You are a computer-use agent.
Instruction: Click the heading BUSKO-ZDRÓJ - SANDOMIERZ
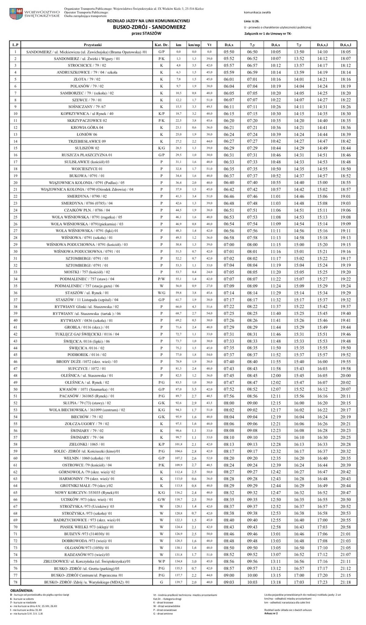point(149,27)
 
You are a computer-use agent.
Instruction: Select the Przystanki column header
point(86,45)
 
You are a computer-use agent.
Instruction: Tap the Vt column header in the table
point(209,45)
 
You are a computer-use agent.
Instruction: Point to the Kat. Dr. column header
point(161,45)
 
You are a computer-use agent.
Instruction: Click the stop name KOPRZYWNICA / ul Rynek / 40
point(87,114)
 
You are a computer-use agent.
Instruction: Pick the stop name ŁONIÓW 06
point(87,134)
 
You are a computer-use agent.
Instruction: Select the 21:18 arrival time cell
point(346,582)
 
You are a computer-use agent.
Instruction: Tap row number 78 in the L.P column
point(15,582)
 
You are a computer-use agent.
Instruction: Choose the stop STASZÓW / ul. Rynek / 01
point(87,293)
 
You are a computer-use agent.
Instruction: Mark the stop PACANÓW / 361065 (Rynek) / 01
point(87,396)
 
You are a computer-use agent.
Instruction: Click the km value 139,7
point(178,582)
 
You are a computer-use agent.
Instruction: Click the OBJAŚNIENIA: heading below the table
point(22,591)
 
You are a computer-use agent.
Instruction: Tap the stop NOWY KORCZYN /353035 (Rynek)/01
point(87,493)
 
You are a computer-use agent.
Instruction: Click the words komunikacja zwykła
point(257,13)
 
